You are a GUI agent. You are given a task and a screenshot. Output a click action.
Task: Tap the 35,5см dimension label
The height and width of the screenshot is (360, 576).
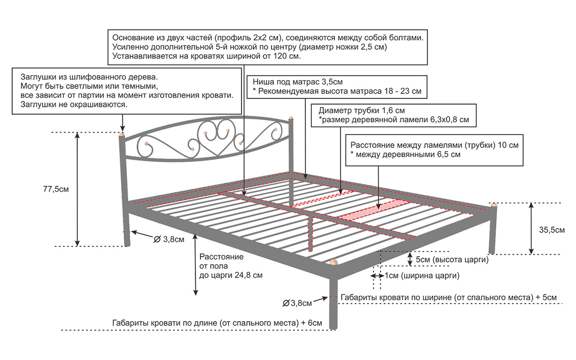552,230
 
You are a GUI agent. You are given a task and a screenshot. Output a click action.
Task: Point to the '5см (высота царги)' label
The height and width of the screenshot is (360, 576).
452,260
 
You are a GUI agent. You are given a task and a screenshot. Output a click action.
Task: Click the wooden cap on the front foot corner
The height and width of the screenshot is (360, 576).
333,262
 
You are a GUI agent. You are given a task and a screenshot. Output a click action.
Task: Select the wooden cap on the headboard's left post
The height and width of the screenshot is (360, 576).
122,134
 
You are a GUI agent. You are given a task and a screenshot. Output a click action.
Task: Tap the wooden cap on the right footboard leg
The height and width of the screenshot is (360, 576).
494,205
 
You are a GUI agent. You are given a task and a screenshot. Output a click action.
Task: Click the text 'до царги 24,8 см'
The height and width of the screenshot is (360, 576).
231,274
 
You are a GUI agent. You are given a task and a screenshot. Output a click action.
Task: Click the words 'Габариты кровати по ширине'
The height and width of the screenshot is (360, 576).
396,297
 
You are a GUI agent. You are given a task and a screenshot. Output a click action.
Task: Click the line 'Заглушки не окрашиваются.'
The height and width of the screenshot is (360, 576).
74,104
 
